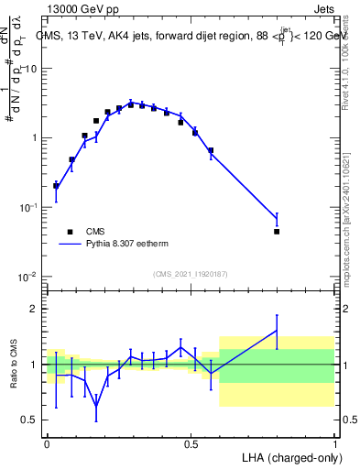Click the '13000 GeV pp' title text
point(81,10)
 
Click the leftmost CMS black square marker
point(56,186)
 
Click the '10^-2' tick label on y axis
point(29,277)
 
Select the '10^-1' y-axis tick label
point(29,208)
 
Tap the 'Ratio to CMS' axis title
point(14,364)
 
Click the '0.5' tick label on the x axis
point(191,443)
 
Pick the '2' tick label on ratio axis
point(35,309)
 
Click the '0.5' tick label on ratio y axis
point(31,420)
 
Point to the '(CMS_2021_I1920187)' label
point(191,274)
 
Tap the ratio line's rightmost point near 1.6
point(277,331)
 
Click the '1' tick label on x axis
point(334,443)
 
